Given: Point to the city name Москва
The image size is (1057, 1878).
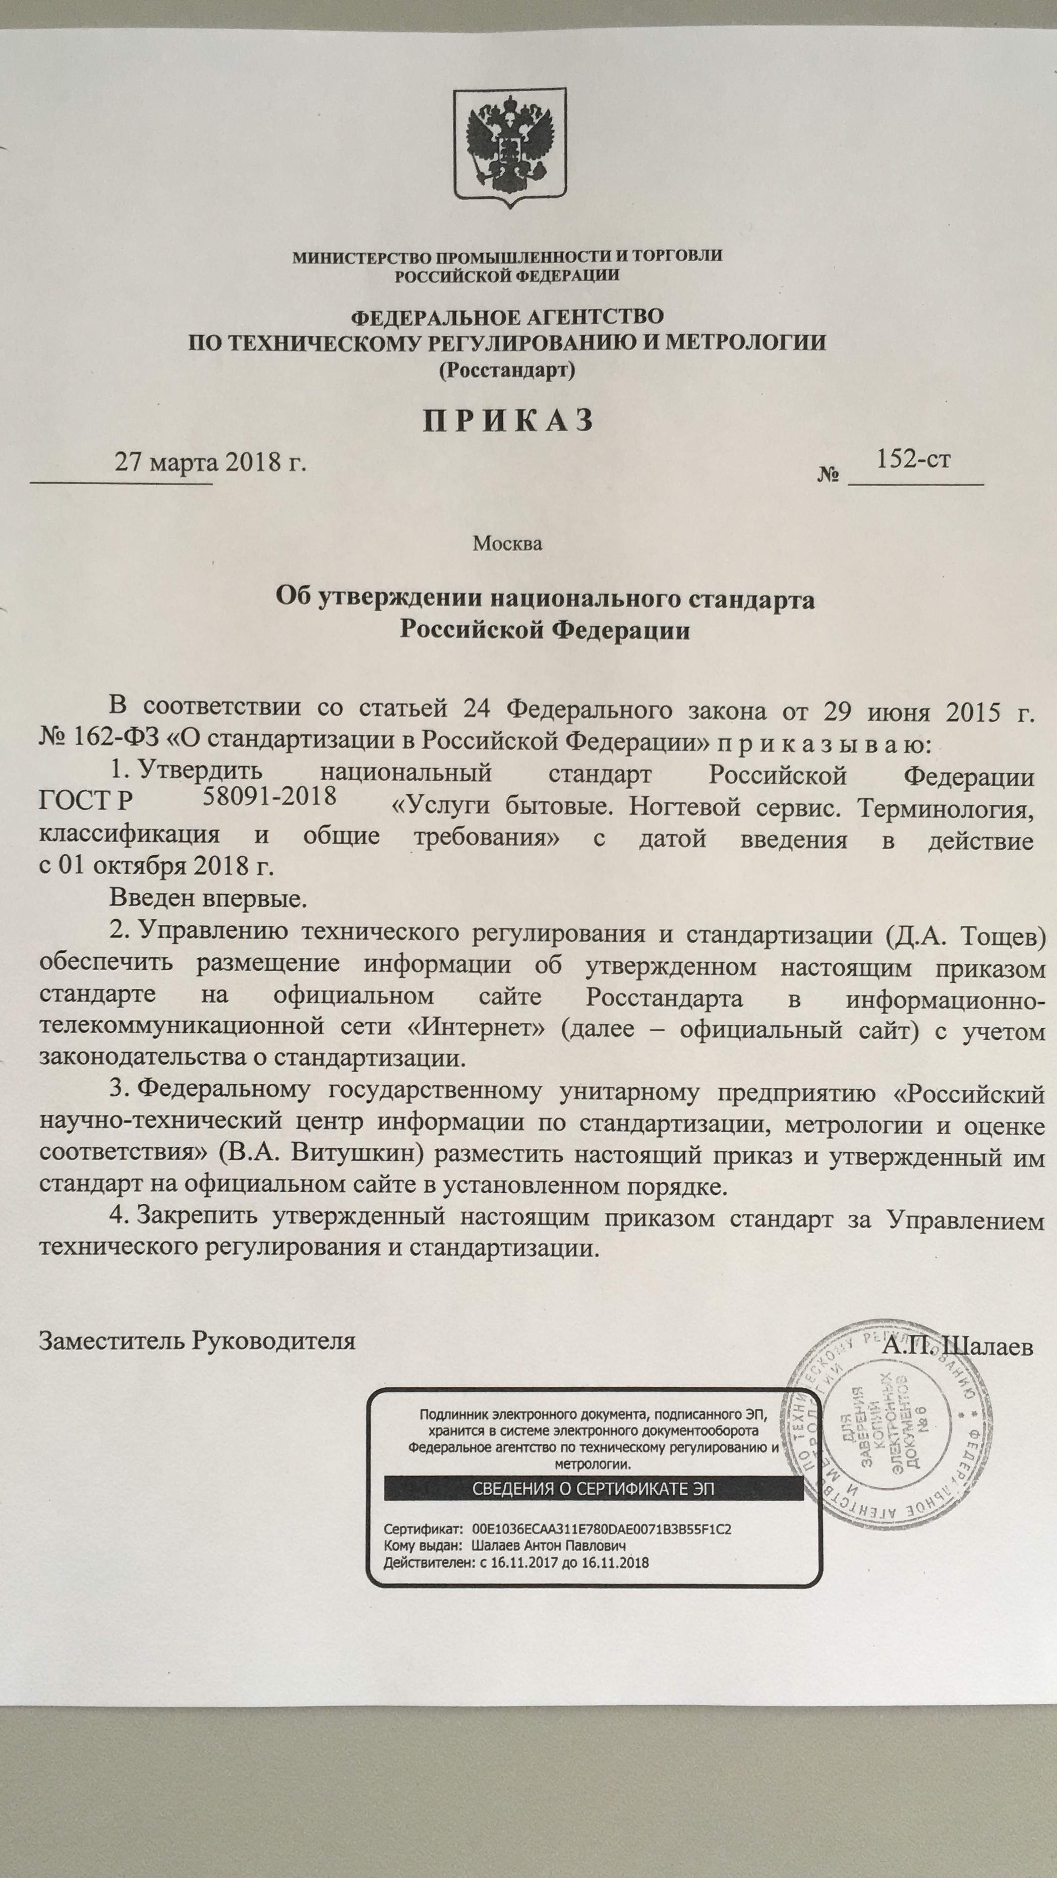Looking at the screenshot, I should click(507, 544).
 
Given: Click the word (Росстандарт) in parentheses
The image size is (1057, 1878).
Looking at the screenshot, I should click(507, 370).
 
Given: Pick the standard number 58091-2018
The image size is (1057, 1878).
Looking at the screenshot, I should click(269, 795).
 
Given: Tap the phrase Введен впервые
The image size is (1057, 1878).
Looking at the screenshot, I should click(208, 898).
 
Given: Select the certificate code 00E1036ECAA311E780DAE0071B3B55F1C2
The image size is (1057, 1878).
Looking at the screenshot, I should click(602, 1530).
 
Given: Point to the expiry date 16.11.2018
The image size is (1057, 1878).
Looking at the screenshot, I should click(618, 1562).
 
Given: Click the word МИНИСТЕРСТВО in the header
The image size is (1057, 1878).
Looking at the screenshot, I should click(362, 257).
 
